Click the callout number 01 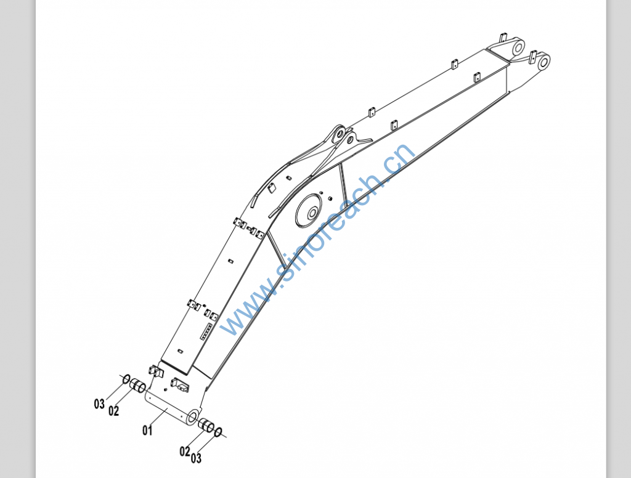point(147,431)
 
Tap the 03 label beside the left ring point(99,404)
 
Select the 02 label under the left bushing point(114,411)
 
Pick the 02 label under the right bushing point(185,452)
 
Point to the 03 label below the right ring point(196,458)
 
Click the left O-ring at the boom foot point(126,379)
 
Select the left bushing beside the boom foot point(137,386)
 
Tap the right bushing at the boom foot point(206,425)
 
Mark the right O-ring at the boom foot point(218,432)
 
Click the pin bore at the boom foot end point(193,416)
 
